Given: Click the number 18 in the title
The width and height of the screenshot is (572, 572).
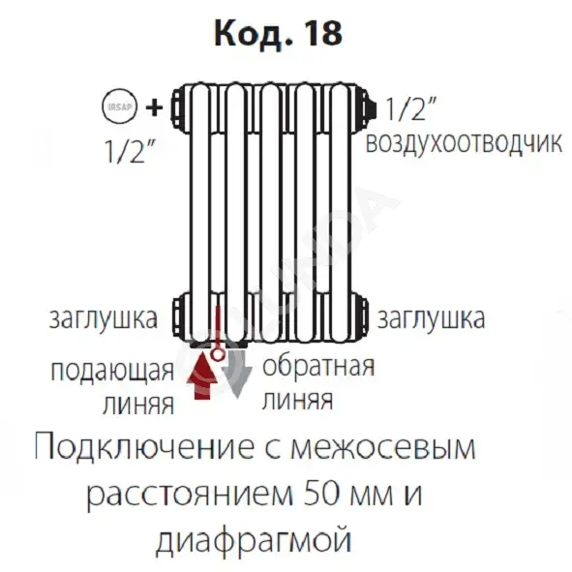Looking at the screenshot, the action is [323, 33].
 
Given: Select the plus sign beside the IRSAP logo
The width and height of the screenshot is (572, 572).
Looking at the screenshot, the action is [154, 107].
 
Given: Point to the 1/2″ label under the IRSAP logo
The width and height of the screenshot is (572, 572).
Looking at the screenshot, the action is [130, 151].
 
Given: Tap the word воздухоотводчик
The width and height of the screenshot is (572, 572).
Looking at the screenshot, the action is [464, 143].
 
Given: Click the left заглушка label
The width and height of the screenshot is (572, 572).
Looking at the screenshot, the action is [104, 318].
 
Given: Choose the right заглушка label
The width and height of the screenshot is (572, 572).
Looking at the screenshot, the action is [432, 318].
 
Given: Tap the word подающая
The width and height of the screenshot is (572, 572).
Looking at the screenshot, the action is [112, 371].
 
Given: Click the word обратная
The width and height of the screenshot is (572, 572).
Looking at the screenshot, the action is [318, 366].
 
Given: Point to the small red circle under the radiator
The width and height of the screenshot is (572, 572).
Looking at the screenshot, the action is [218, 354].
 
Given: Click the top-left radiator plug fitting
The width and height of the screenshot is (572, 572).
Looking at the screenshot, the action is [180, 108].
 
